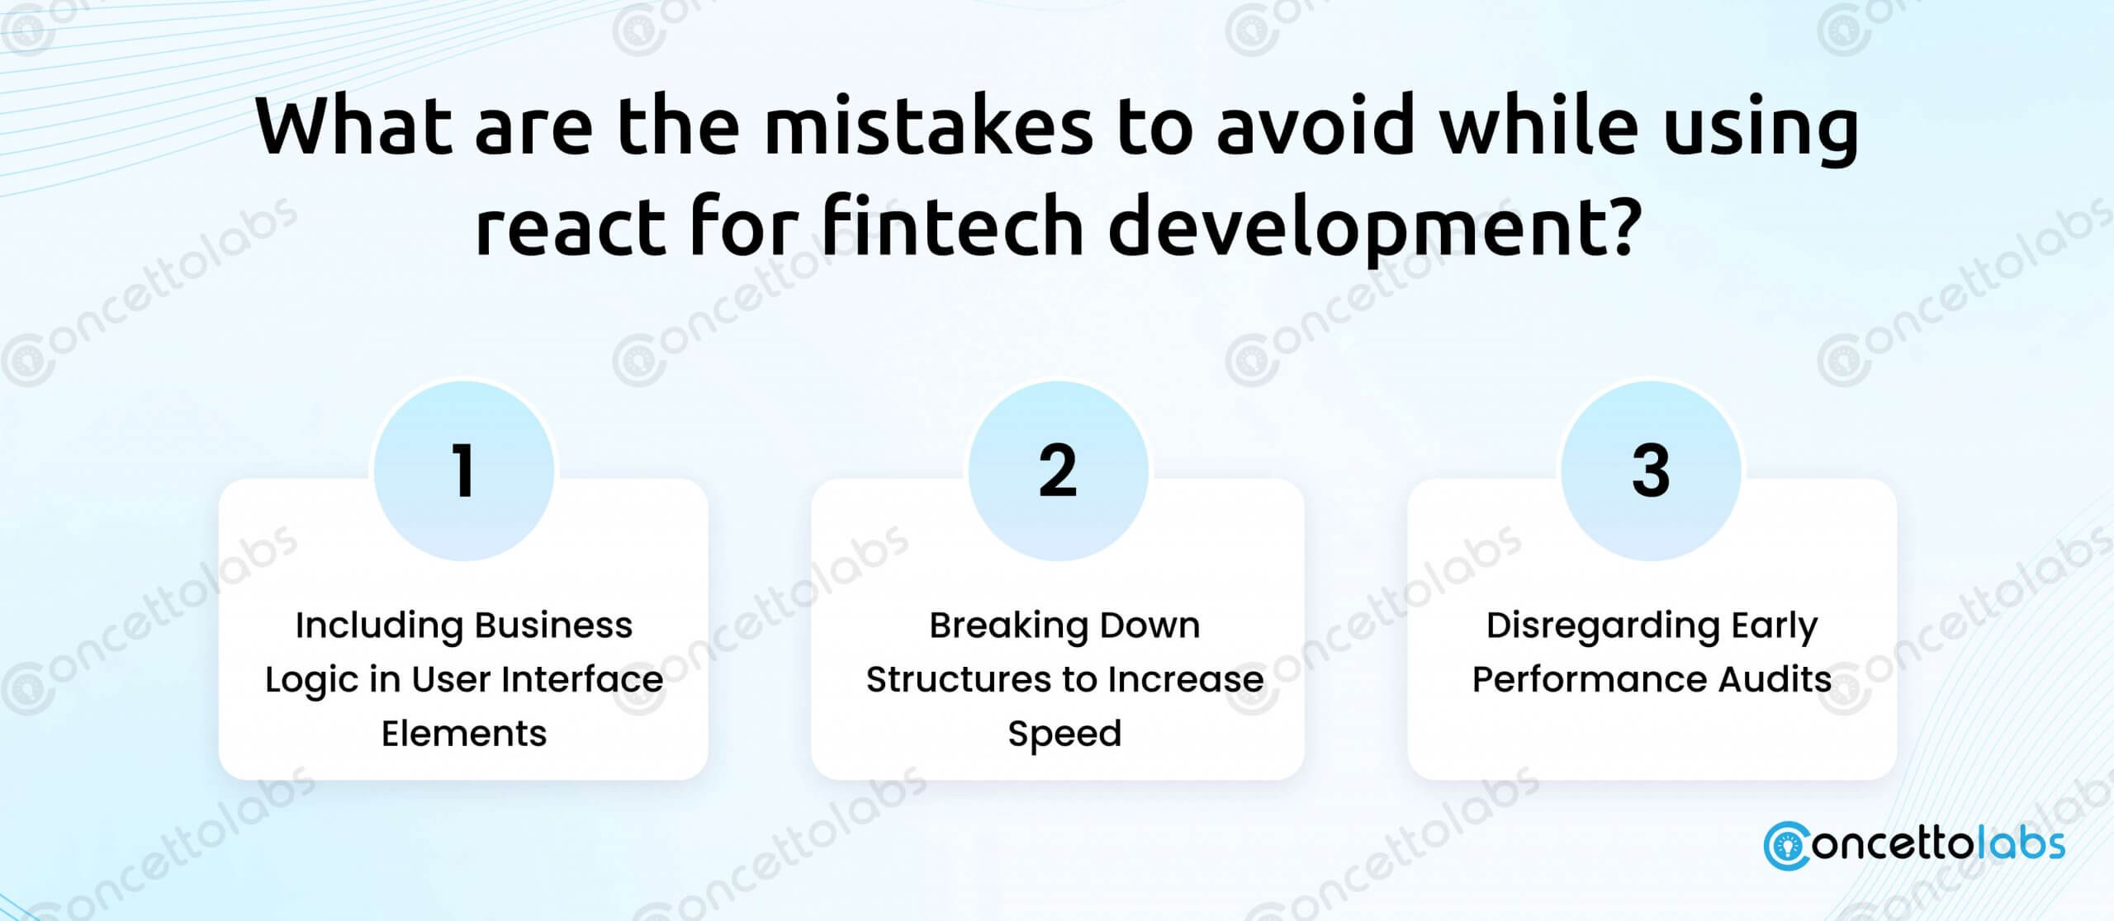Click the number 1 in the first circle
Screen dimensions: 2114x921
tap(463, 470)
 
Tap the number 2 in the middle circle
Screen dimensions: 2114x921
tap(1058, 470)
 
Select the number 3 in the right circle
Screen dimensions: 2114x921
tap(1651, 470)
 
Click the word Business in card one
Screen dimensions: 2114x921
tap(553, 625)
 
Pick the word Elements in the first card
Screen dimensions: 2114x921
tap(464, 733)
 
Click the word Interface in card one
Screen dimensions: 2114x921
tap(582, 679)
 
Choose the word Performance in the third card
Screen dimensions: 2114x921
tap(1590, 679)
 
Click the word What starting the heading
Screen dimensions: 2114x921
tap(354, 126)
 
